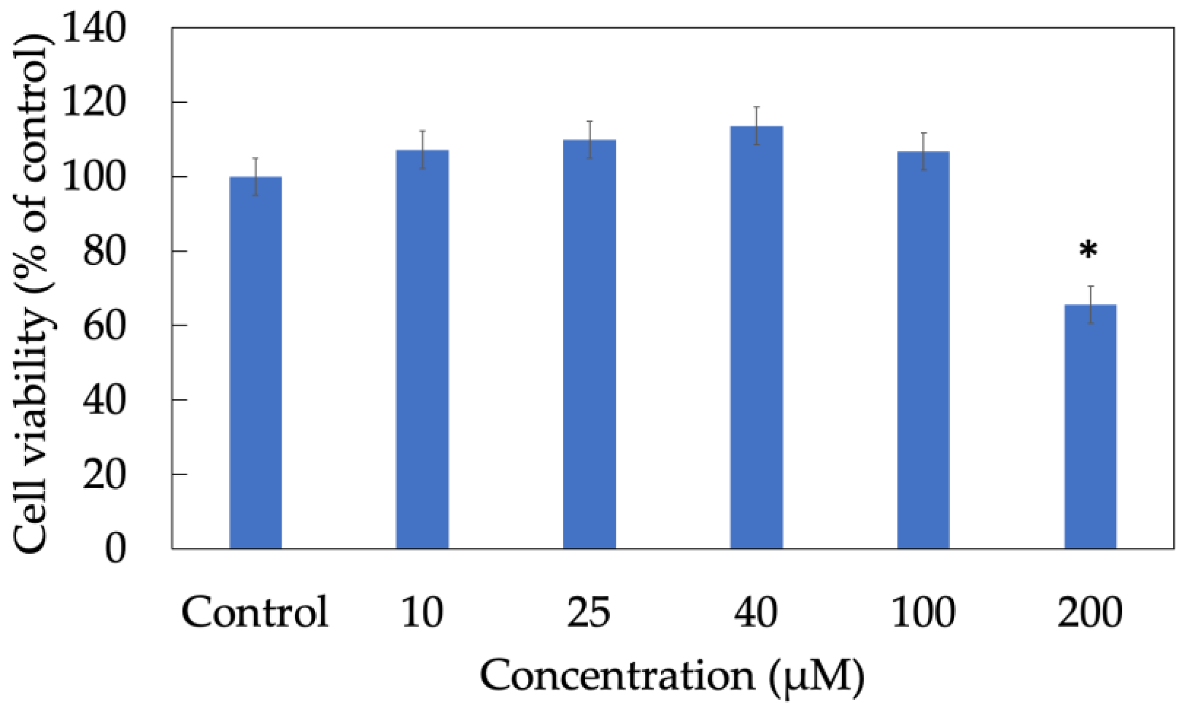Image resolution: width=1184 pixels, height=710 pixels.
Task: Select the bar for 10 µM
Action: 423,349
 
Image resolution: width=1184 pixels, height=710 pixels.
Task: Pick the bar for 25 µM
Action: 590,344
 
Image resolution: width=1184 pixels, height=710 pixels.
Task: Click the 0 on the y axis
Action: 115,549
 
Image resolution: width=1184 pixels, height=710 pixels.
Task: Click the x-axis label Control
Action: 255,612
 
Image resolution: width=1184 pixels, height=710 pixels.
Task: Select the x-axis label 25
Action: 589,612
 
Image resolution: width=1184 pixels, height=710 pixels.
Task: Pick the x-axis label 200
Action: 1090,612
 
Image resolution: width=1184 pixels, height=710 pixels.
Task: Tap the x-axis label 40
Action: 756,612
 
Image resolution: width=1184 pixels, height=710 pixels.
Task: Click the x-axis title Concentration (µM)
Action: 672,676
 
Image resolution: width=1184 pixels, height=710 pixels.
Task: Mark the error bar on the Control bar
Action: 255,177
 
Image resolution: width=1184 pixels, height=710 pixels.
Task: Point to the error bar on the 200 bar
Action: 1091,305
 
